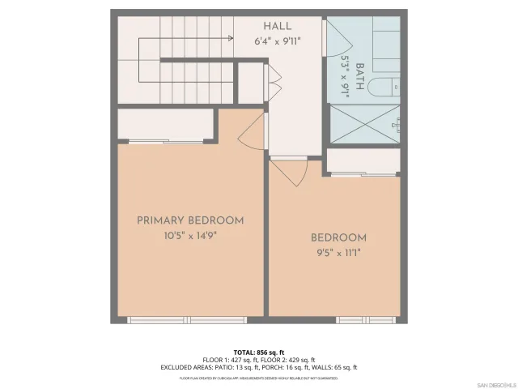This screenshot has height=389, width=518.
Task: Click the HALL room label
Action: click(x=277, y=27)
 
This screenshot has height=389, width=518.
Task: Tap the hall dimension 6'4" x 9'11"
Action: click(x=277, y=41)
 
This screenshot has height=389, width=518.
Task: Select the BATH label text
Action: click(x=360, y=75)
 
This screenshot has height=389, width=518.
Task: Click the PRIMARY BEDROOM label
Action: click(x=190, y=220)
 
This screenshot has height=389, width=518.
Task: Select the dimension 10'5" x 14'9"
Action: click(x=190, y=236)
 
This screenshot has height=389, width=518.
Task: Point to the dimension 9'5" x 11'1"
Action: click(x=338, y=253)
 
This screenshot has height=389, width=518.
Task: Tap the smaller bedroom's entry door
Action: click(x=288, y=172)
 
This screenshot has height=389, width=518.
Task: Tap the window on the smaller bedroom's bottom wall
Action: click(x=360, y=320)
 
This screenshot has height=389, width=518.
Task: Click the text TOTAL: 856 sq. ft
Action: click(x=259, y=352)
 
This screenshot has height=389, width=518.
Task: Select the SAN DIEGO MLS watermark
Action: click(x=495, y=383)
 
